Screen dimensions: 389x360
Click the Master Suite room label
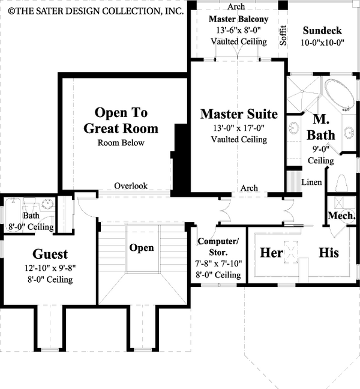click(x=239, y=114)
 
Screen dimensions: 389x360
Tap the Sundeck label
click(x=322, y=30)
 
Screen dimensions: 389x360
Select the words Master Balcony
click(x=239, y=20)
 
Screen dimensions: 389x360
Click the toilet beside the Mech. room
click(x=341, y=182)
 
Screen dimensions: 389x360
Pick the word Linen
click(x=311, y=182)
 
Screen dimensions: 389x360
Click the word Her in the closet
click(x=271, y=253)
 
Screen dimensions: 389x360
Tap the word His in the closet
click(x=328, y=253)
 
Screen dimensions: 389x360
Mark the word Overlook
click(x=131, y=186)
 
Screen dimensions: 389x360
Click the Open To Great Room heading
click(x=121, y=120)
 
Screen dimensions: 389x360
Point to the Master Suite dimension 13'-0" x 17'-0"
click(x=239, y=128)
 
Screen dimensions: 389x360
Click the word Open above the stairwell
click(x=142, y=247)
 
